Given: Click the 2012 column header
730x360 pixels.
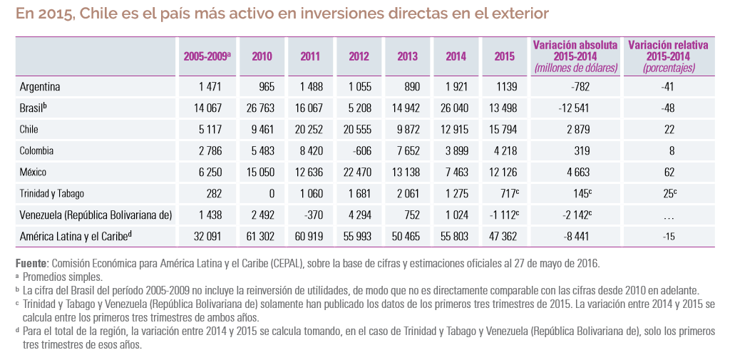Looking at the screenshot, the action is point(359,57).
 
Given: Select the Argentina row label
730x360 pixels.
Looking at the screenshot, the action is point(40,87).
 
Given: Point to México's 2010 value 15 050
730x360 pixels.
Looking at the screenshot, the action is point(260,173).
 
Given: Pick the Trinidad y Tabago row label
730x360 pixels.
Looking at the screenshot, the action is point(51,194).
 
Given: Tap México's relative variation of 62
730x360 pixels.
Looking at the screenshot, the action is point(669,173).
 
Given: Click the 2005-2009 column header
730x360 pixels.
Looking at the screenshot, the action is point(207,57).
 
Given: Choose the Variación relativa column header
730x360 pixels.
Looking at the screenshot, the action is point(669,56).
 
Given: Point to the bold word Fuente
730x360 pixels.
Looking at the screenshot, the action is point(29,263).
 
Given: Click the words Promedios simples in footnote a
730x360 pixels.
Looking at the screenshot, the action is point(63,277).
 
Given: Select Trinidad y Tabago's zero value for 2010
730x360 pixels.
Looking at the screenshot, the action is point(272,194).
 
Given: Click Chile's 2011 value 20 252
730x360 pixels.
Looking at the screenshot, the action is point(309,130).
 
